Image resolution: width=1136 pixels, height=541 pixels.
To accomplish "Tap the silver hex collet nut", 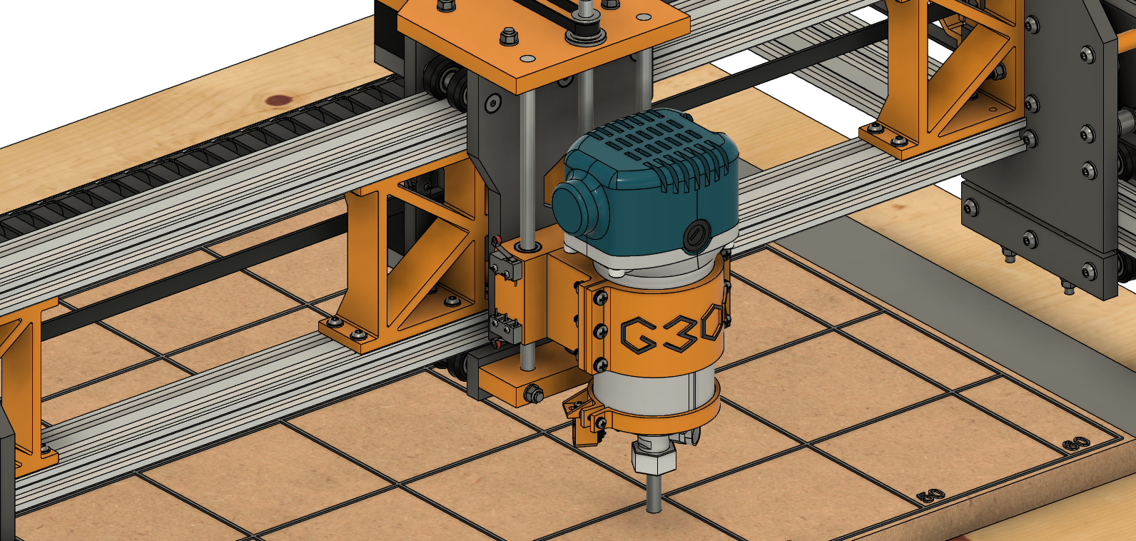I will click(654, 459).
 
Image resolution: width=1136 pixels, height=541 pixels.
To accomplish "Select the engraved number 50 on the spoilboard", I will click(930, 495).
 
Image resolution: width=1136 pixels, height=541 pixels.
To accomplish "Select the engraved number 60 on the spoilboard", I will click(1076, 444).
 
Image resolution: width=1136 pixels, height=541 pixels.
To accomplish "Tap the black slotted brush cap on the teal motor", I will click(696, 236).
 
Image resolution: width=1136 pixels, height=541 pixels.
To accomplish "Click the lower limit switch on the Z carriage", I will click(505, 329).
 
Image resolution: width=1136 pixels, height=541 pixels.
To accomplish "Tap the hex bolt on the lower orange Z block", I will click(532, 393).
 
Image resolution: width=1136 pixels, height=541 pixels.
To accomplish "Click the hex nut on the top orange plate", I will click(509, 34).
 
